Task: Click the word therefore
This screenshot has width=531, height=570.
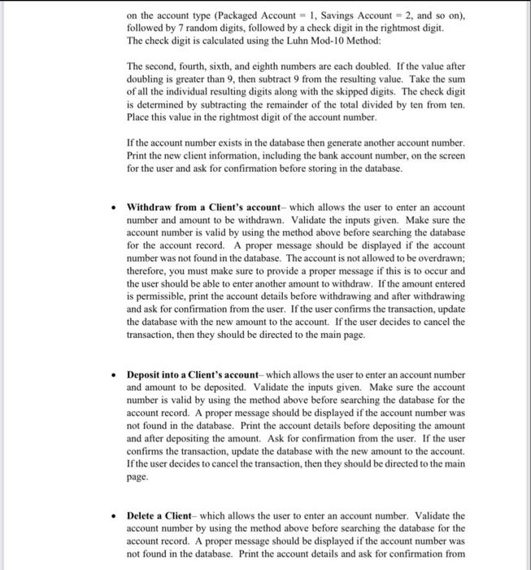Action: [149, 272]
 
